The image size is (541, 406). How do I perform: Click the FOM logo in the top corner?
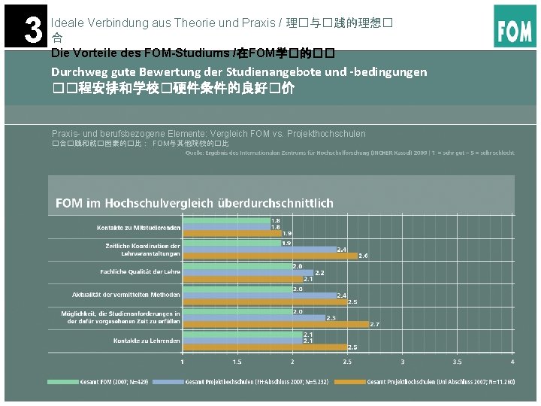(x=515, y=26)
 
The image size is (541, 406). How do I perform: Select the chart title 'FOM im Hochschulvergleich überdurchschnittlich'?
(x=195, y=203)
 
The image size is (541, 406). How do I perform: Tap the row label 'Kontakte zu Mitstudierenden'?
(x=138, y=227)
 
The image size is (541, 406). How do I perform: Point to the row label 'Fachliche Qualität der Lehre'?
(x=140, y=271)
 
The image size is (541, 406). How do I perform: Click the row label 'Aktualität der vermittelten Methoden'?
(x=126, y=295)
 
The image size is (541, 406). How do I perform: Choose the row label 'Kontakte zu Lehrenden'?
(x=147, y=341)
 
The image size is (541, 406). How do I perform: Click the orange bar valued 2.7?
(x=275, y=324)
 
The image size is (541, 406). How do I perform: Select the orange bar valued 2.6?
(x=270, y=256)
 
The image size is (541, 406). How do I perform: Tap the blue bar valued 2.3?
(x=253, y=317)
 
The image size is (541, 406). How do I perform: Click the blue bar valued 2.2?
(x=248, y=272)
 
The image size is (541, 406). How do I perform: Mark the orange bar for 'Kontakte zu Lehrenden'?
(x=264, y=347)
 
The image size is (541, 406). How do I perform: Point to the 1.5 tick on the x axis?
(x=237, y=362)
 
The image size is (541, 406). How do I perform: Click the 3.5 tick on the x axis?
(x=457, y=362)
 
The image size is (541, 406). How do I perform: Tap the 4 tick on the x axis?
(x=512, y=362)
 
